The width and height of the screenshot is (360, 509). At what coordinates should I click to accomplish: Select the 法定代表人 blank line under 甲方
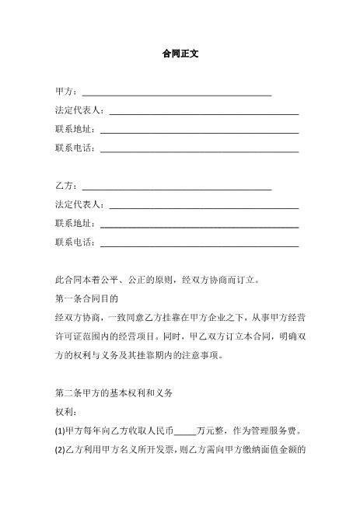click(x=204, y=113)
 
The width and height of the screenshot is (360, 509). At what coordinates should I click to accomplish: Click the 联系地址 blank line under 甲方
click(x=199, y=131)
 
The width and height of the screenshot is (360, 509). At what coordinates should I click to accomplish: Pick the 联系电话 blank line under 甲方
click(x=199, y=149)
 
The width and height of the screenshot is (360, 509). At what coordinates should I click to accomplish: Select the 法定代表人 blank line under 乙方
click(x=204, y=206)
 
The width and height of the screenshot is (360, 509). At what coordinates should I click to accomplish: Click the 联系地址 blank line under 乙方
click(x=199, y=225)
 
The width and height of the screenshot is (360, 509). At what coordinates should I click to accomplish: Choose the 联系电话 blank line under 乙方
click(x=199, y=243)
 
